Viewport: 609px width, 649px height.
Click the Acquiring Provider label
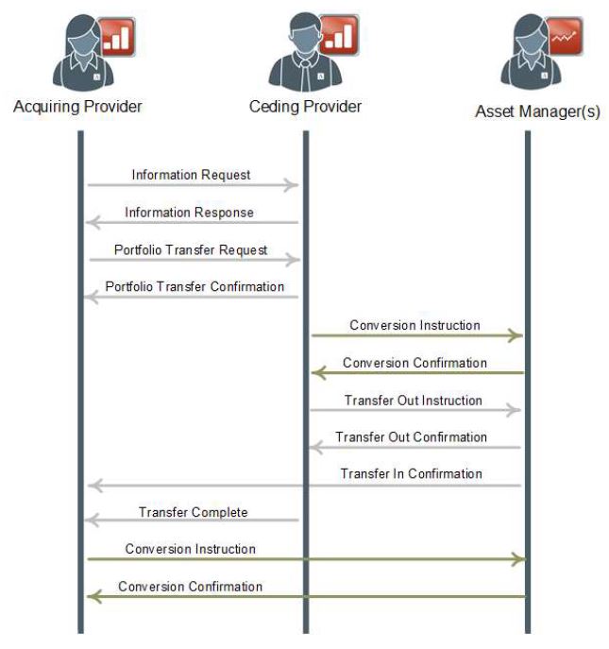[77, 107]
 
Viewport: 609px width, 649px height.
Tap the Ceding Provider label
[305, 107]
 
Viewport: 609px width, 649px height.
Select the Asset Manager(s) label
[537, 111]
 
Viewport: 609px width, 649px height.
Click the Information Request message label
[191, 175]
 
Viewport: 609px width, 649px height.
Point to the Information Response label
[190, 213]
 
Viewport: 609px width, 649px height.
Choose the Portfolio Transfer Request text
[191, 250]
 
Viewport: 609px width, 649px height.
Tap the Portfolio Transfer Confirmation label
[195, 286]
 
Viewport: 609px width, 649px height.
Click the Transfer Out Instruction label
[414, 401]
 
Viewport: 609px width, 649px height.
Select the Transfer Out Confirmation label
[412, 437]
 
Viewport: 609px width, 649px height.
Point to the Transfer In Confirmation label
[412, 473]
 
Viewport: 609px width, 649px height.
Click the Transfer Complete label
[194, 512]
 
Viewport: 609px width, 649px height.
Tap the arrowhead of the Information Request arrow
[292, 184]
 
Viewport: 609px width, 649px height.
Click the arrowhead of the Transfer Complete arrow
[92, 520]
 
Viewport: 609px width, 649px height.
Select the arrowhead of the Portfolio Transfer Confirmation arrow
[92, 297]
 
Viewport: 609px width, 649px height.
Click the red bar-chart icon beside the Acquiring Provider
[118, 37]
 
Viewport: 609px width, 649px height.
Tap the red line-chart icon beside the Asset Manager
[564, 36]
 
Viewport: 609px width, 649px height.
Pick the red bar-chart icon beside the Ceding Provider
[339, 36]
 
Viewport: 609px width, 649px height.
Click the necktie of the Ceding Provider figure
[305, 74]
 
